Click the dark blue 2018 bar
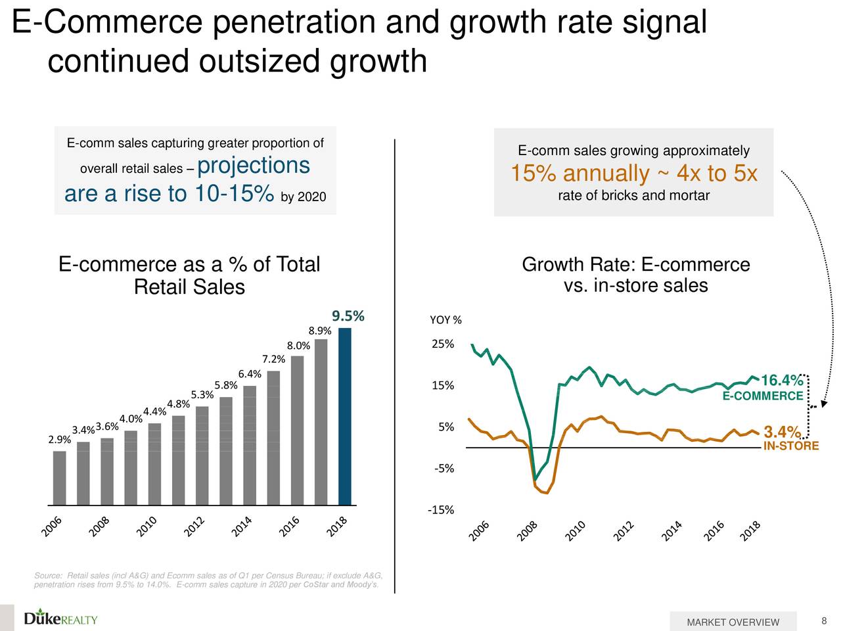[x=344, y=416]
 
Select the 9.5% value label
[x=348, y=316]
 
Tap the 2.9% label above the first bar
[x=59, y=440]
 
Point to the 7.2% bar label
[x=273, y=359]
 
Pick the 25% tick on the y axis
[x=443, y=344]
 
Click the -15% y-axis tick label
[x=440, y=510]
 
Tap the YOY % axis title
[x=445, y=320]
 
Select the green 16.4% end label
[x=781, y=381]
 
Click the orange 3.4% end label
[x=782, y=432]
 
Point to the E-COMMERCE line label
[x=762, y=396]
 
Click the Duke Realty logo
[x=60, y=618]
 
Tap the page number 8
[x=824, y=622]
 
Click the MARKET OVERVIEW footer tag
[x=733, y=622]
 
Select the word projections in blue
[x=253, y=165]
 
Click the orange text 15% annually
[x=579, y=174]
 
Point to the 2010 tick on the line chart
[x=575, y=531]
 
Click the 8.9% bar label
[x=319, y=330]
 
